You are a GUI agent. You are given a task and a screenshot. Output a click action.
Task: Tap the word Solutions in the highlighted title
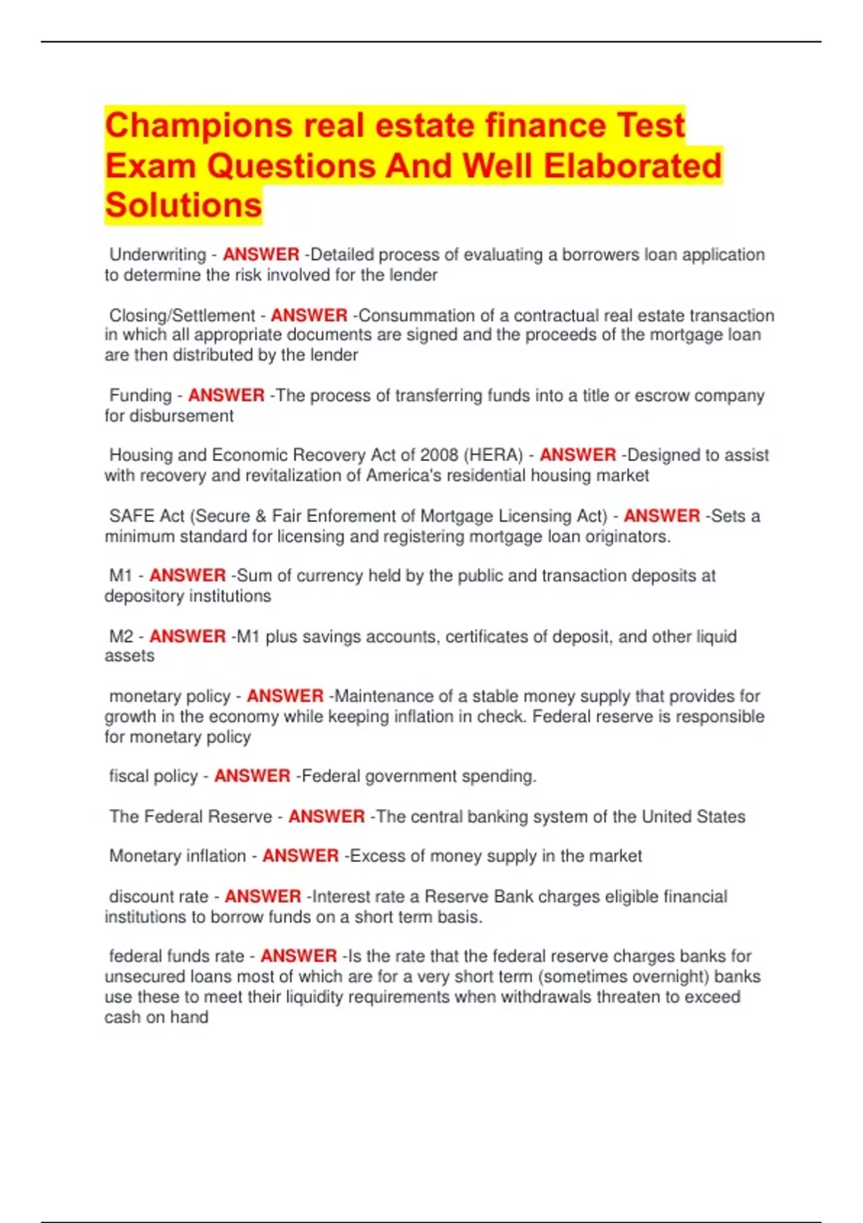[183, 206]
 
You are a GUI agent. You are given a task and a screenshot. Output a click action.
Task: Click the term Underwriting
[157, 255]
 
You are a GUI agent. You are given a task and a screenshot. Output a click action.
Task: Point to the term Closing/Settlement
[182, 316]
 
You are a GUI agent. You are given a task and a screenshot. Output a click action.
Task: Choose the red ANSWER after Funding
[227, 396]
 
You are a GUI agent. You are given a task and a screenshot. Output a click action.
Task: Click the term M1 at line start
[121, 576]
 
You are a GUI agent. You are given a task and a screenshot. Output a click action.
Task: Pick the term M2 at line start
[121, 637]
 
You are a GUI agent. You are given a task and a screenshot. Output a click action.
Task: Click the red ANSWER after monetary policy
[285, 696]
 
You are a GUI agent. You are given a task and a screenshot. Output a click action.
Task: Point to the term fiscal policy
[153, 776]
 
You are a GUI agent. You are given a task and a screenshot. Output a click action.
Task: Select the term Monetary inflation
[178, 856]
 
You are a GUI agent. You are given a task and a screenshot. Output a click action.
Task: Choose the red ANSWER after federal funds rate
[298, 957]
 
